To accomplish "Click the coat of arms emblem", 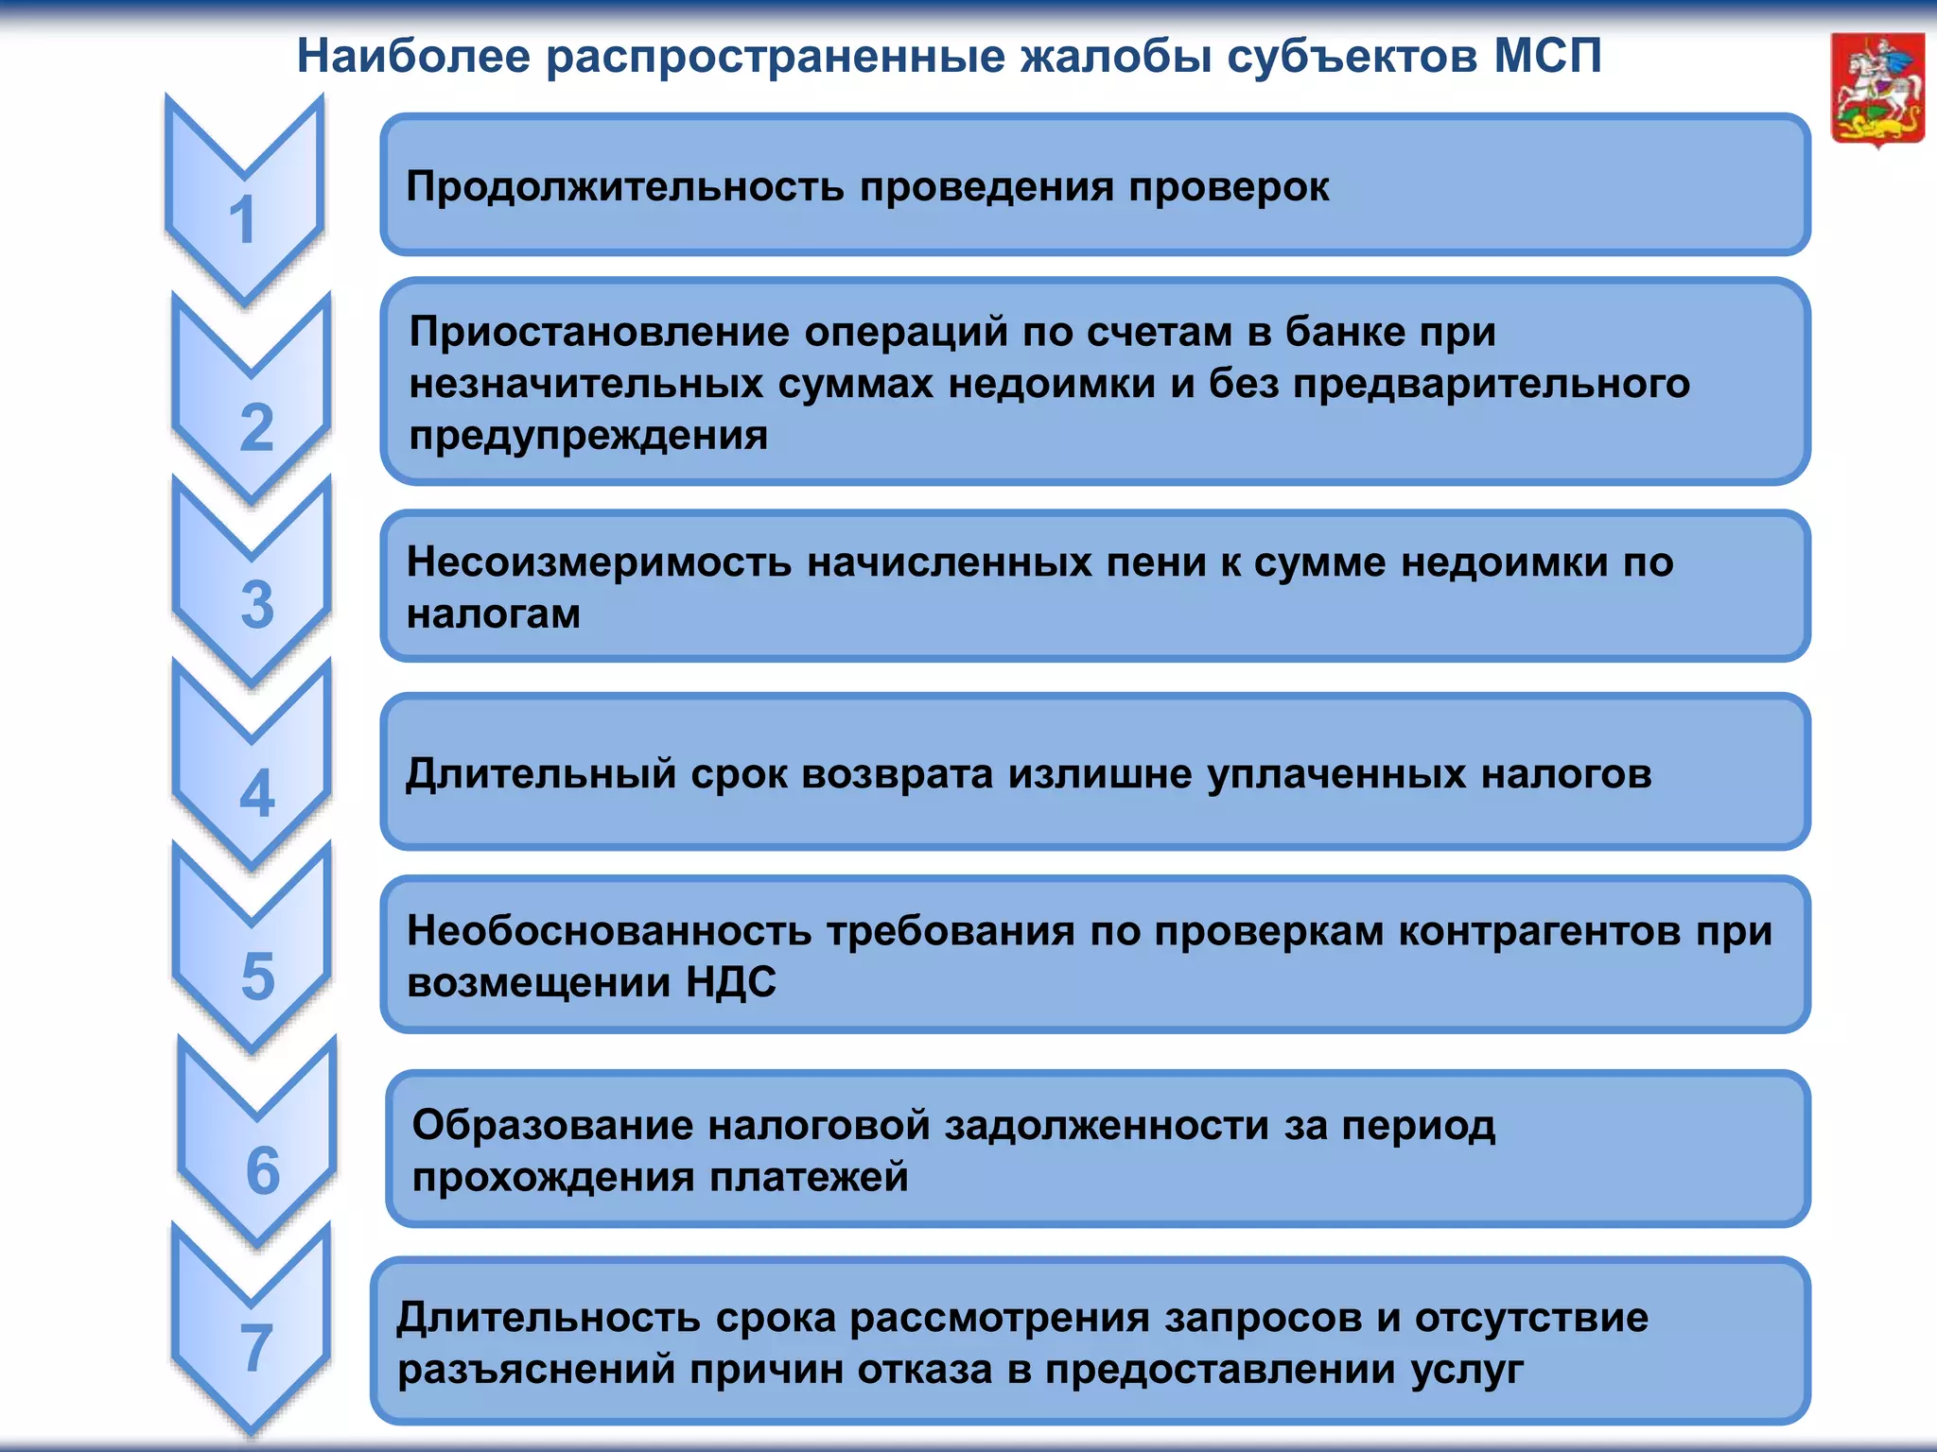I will pos(1877,90).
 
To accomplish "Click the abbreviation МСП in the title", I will pos(1547,56).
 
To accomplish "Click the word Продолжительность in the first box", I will pos(624,187).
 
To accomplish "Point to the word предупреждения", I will pos(588,436).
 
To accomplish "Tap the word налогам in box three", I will pos(494,615).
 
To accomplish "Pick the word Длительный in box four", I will pos(540,774).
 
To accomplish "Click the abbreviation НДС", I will pos(731,983).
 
